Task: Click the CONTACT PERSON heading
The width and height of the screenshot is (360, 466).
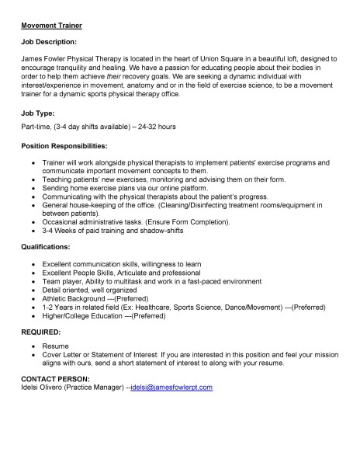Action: click(x=56, y=377)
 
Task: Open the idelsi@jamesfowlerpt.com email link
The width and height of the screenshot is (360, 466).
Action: click(x=171, y=386)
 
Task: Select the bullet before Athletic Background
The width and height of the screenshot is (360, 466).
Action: click(x=32, y=297)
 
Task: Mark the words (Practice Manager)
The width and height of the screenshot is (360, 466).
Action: click(x=96, y=386)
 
